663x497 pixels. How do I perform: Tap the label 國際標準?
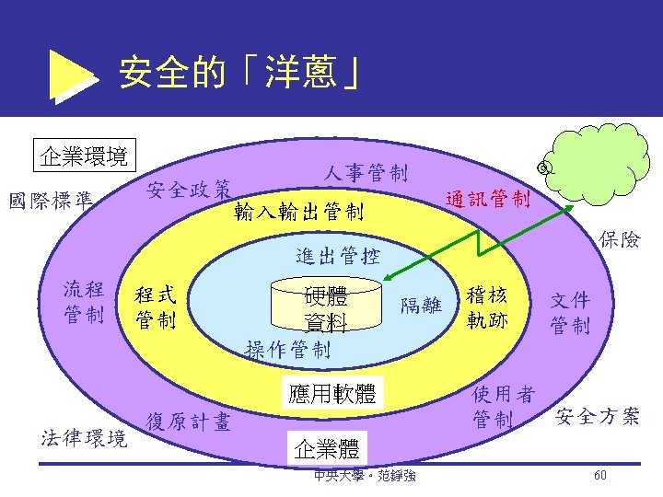pyautogui.click(x=52, y=200)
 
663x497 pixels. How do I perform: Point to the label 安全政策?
pyautogui.click(x=189, y=190)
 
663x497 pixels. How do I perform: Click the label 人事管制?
pyautogui.click(x=366, y=172)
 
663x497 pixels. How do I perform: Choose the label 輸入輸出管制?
pyautogui.click(x=299, y=213)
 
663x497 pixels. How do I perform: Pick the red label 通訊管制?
pyautogui.click(x=487, y=199)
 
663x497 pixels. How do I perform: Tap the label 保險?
pyautogui.click(x=620, y=240)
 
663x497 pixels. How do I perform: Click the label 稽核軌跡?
pyautogui.click(x=487, y=308)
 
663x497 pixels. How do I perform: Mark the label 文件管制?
pyautogui.click(x=570, y=313)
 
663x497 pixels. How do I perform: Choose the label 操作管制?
pyautogui.click(x=288, y=349)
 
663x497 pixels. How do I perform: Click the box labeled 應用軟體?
pyautogui.click(x=328, y=393)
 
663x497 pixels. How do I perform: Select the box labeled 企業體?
pyautogui.click(x=328, y=448)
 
